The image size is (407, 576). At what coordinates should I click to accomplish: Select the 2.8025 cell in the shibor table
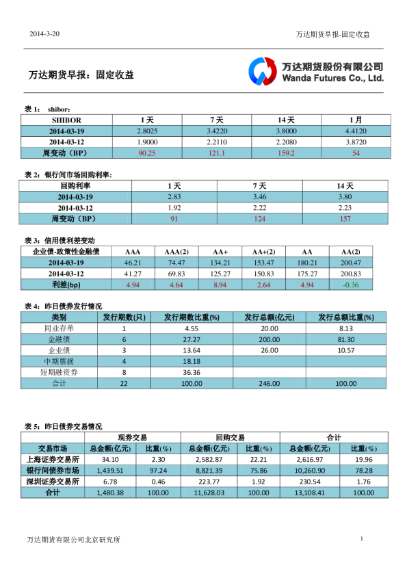coord(147,131)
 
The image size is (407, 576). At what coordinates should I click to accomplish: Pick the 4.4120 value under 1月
coord(356,131)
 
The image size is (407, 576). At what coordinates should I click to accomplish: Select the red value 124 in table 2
coord(259,218)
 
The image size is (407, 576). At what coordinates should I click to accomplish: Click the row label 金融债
coord(59,339)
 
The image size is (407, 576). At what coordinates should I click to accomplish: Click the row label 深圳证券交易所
coord(53,482)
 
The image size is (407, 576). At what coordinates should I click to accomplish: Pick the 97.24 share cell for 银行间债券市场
coord(158,471)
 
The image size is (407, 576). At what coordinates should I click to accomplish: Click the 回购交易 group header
coord(230,436)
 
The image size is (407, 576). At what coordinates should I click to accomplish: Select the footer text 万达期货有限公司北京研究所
coord(73,540)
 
